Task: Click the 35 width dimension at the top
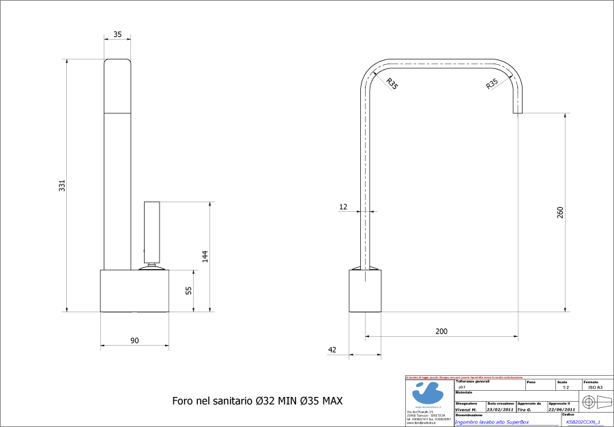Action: (x=117, y=33)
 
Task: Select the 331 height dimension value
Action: (x=61, y=185)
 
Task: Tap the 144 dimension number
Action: (x=204, y=256)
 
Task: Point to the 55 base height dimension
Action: (x=188, y=290)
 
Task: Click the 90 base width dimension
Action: (x=134, y=340)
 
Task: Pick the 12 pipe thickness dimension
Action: (x=342, y=206)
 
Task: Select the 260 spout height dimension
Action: (x=560, y=212)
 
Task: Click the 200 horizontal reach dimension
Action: (x=441, y=331)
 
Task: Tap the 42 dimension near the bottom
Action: (x=332, y=350)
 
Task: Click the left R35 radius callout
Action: (x=392, y=84)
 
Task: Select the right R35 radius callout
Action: (x=492, y=84)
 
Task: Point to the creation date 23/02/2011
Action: (x=500, y=409)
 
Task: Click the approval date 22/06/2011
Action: (x=561, y=409)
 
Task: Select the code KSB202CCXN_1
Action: (x=583, y=422)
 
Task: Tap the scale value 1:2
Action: (x=566, y=387)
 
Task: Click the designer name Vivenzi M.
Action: (x=466, y=409)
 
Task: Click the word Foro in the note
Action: (x=183, y=400)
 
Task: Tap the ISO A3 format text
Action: (x=595, y=387)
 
